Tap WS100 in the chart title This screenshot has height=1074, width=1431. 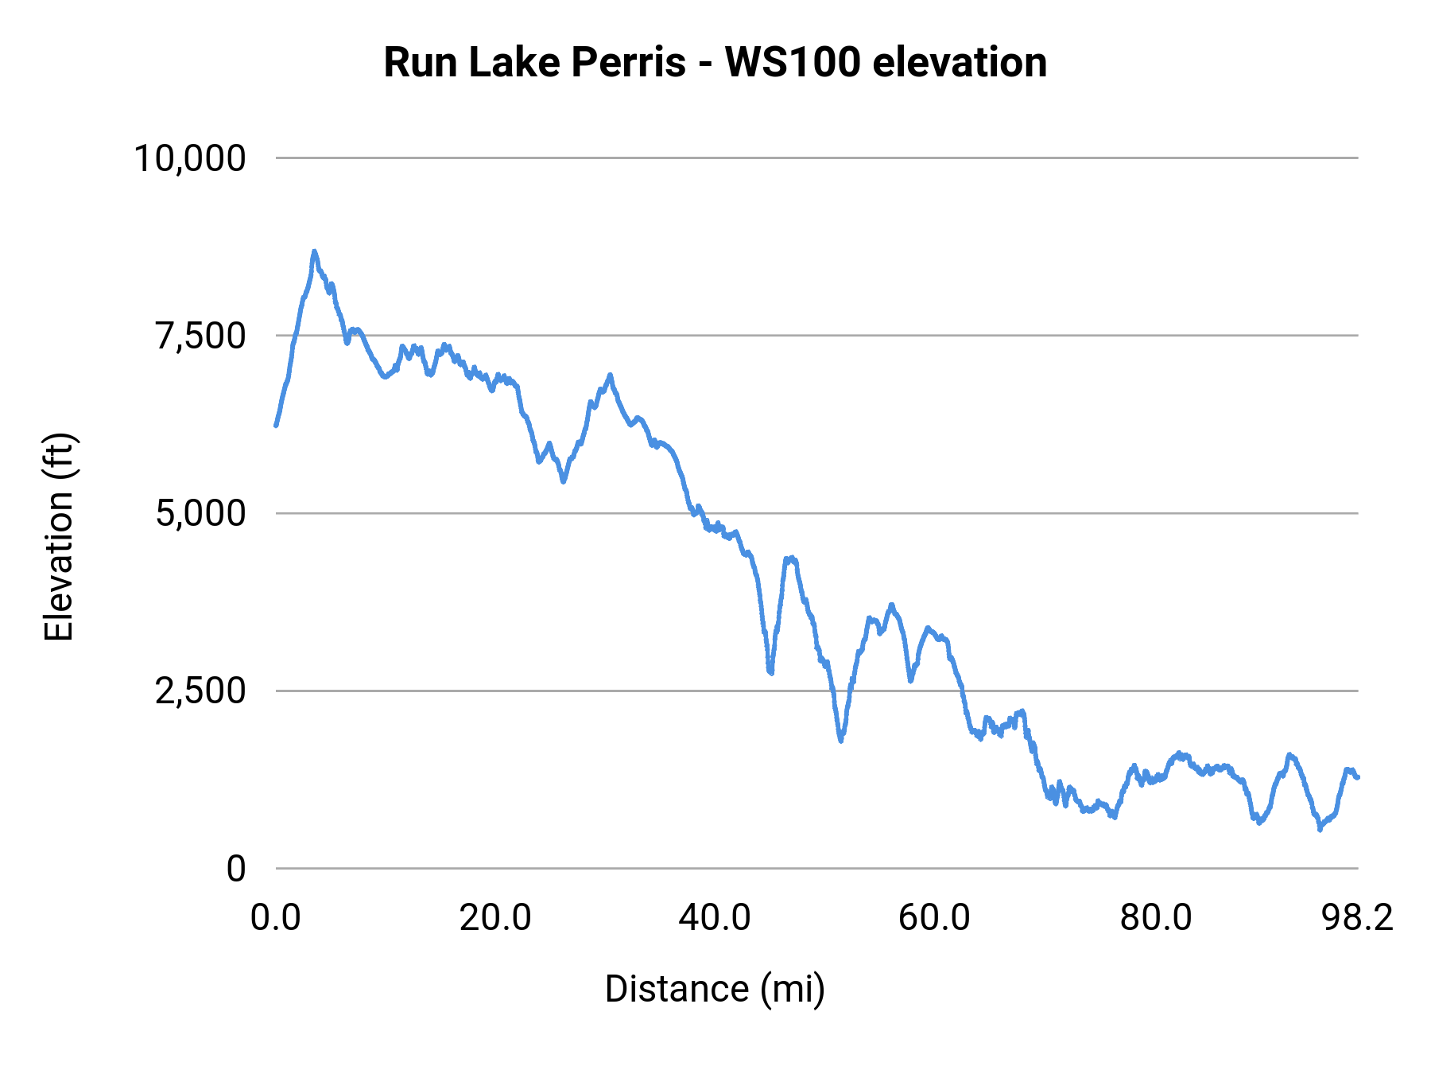792,62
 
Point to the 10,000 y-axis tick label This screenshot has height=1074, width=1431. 190,158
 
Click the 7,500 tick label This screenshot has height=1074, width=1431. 200,336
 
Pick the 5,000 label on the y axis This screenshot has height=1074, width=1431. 200,513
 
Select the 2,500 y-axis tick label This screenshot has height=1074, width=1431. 200,691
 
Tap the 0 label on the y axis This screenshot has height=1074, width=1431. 236,868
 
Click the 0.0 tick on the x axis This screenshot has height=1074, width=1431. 276,918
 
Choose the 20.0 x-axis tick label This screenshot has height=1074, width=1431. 495,918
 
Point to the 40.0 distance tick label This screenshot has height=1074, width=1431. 715,918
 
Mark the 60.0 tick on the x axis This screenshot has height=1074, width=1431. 935,918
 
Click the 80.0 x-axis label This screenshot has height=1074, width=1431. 1155,918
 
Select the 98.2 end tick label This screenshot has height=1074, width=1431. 1358,918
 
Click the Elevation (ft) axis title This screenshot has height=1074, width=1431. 59,537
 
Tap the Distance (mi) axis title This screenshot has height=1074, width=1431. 715,989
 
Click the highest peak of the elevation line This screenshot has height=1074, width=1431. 314,252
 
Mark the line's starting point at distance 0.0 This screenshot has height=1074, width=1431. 276,425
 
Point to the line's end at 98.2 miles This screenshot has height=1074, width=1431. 1358,777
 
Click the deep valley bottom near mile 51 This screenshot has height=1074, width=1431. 840,740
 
